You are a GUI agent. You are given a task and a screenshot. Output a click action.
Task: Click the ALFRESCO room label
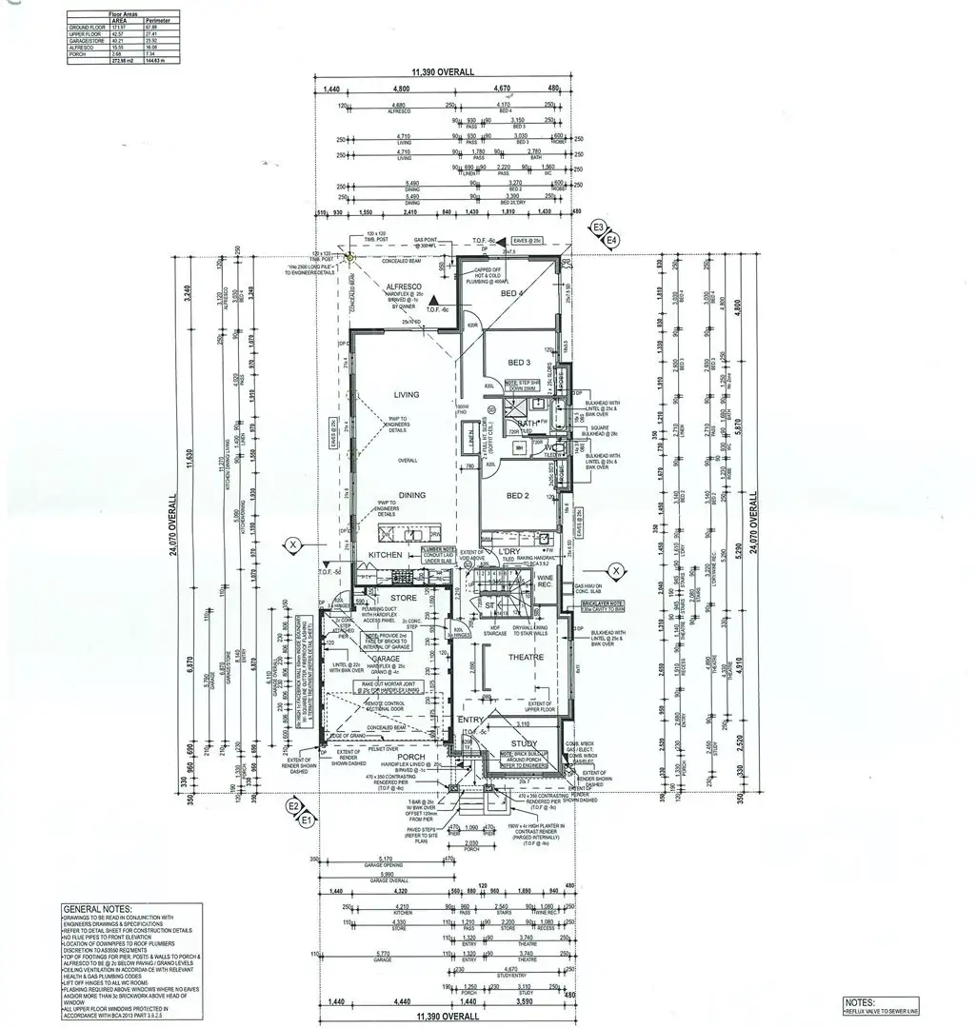(x=402, y=287)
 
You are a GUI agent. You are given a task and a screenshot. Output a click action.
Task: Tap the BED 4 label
(x=518, y=294)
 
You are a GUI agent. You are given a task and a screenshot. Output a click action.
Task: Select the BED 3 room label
(x=518, y=364)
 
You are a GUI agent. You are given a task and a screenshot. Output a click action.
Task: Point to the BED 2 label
(x=518, y=496)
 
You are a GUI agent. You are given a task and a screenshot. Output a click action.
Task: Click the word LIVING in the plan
(x=407, y=394)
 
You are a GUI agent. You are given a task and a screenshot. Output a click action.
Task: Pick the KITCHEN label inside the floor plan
(x=386, y=554)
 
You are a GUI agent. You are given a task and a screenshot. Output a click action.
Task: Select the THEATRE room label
(x=525, y=658)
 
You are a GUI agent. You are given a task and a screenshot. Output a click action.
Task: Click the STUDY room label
(x=524, y=744)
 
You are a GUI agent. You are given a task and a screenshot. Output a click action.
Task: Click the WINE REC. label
(x=546, y=582)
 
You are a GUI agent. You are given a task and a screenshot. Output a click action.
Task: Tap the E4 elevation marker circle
(x=611, y=241)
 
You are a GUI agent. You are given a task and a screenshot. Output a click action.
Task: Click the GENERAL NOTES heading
(x=97, y=910)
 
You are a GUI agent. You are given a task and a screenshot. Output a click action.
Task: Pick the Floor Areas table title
(x=124, y=12)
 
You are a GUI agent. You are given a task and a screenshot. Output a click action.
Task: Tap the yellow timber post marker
(x=350, y=257)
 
